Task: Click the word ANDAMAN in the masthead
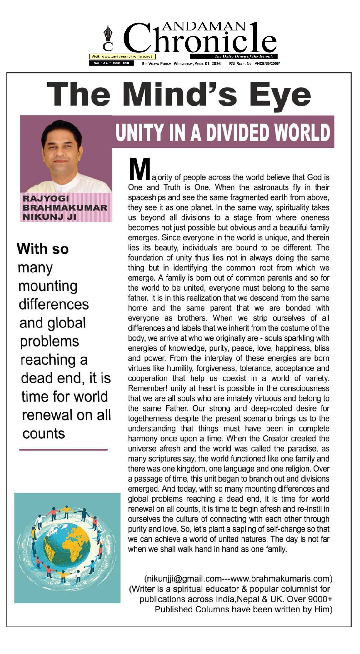(204, 27)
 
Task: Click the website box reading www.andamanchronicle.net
(122, 57)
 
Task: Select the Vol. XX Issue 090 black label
(111, 63)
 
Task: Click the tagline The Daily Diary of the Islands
(244, 57)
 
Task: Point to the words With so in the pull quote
(43, 249)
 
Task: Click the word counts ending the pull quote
(44, 434)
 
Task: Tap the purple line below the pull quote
(63, 450)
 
